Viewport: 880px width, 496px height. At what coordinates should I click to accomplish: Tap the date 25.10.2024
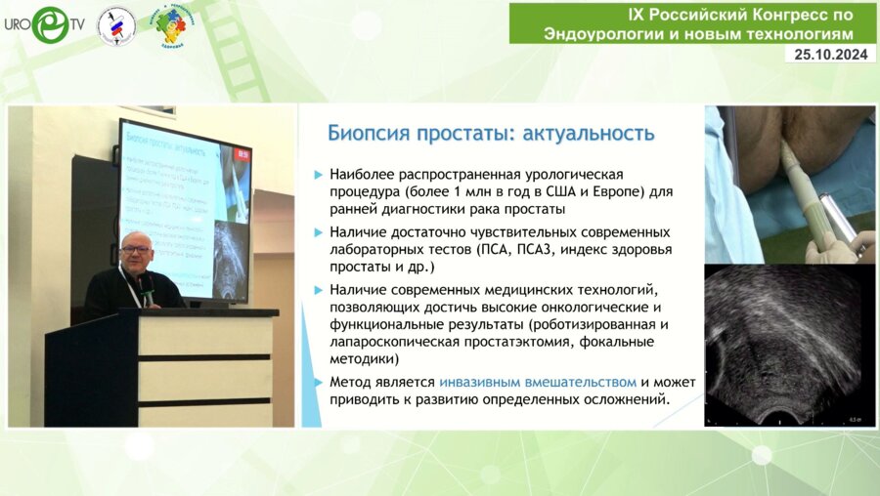click(828, 55)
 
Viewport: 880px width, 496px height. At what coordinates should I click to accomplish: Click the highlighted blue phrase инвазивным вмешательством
click(538, 382)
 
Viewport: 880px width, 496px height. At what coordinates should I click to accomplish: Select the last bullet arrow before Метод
click(318, 382)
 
